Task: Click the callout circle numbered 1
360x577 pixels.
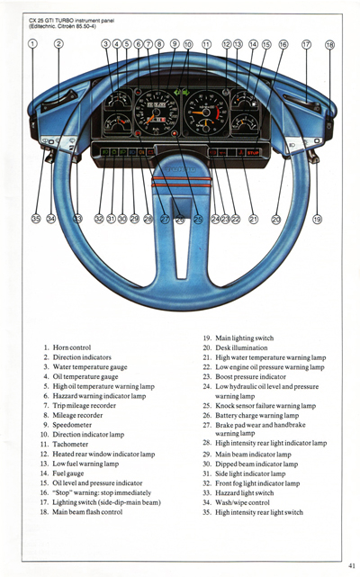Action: point(32,43)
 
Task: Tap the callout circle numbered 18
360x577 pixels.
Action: point(329,44)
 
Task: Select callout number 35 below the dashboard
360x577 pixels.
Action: point(35,218)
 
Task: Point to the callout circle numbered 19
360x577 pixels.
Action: point(317,219)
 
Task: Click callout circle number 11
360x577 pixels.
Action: point(206,43)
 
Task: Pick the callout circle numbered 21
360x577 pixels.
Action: point(253,219)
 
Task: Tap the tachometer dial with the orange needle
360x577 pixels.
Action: point(204,113)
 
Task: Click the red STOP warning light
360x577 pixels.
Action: point(253,153)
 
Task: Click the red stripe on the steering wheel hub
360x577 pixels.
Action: point(181,183)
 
